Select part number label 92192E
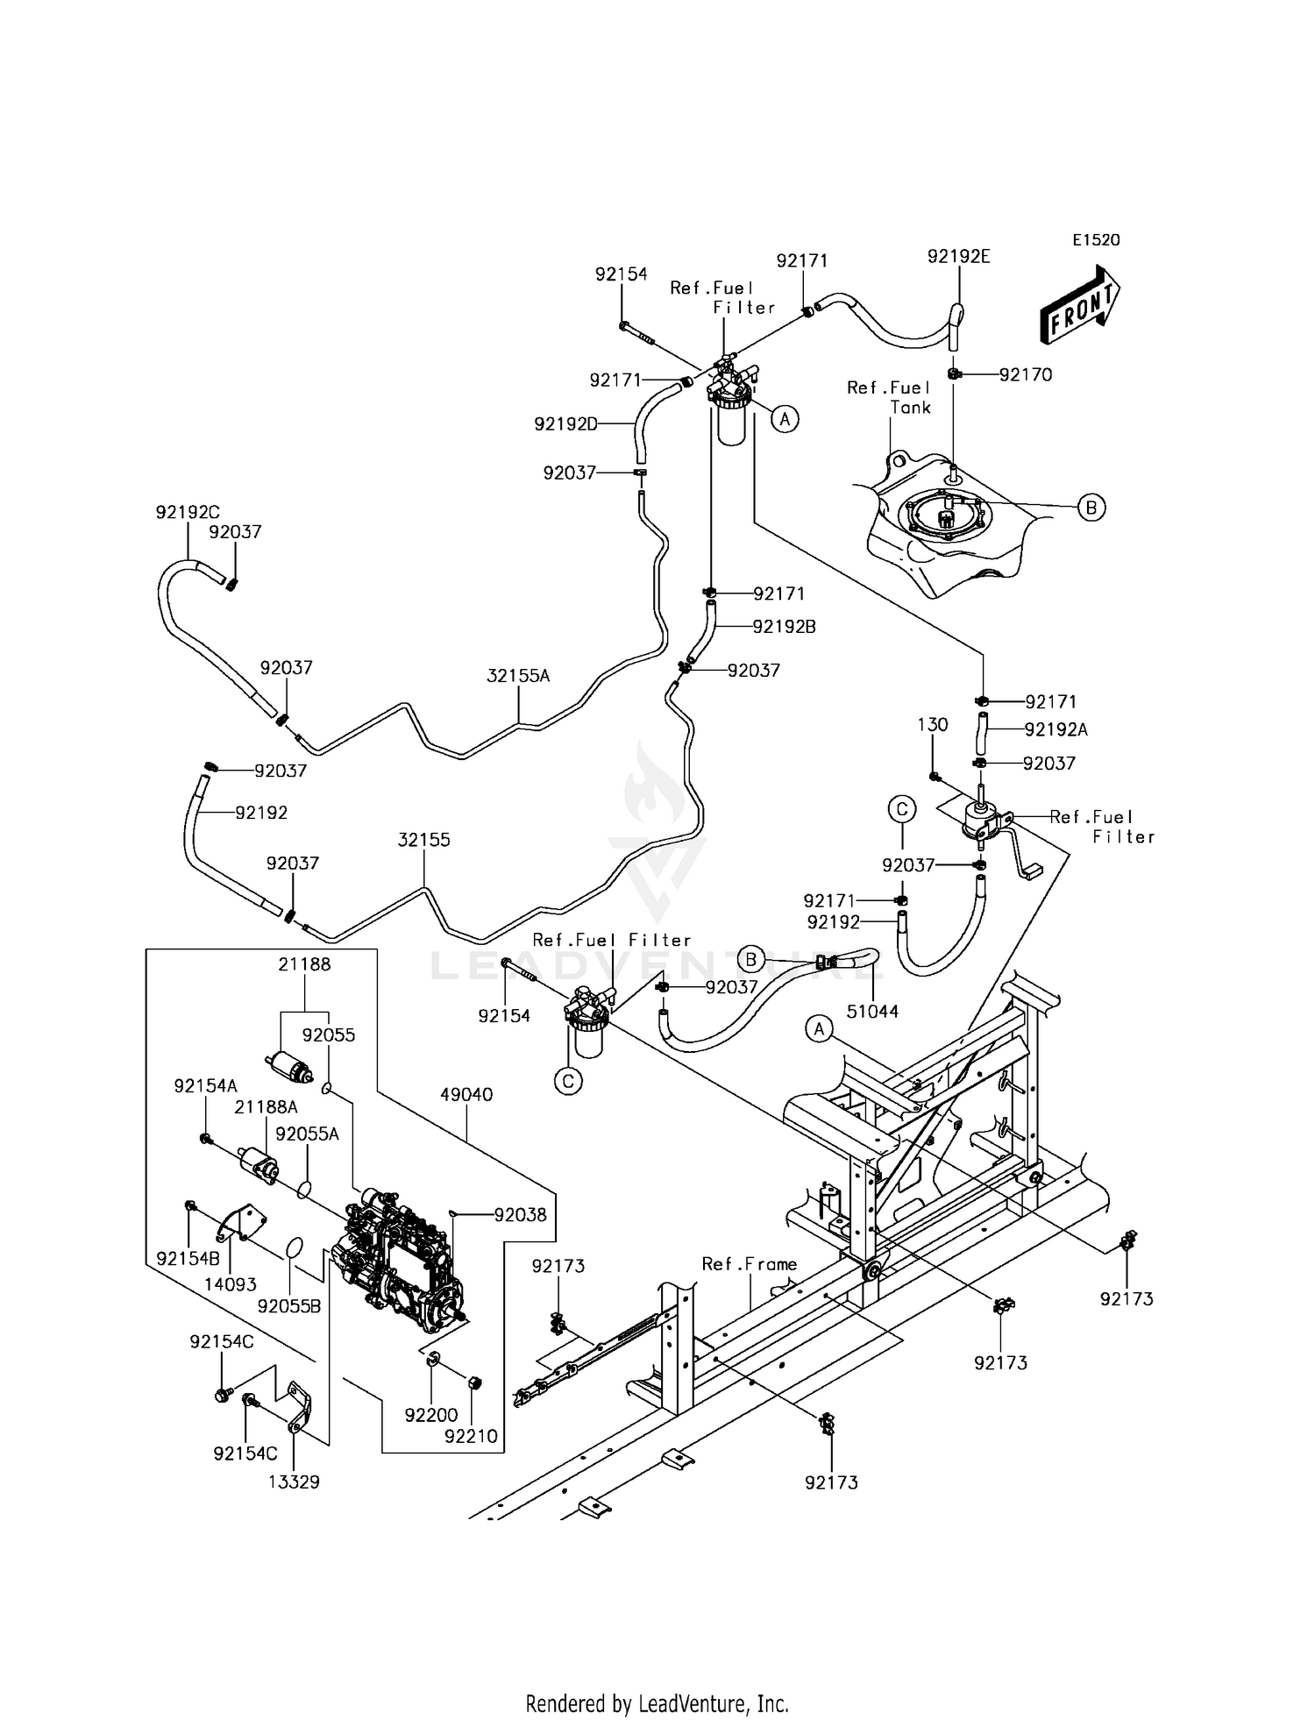pyautogui.click(x=958, y=256)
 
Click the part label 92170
pyautogui.click(x=1026, y=374)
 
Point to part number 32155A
pyautogui.click(x=518, y=675)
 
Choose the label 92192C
pyautogui.click(x=188, y=512)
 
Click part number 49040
pyautogui.click(x=466, y=1094)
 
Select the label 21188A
pyautogui.click(x=266, y=1107)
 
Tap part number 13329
pyautogui.click(x=294, y=1482)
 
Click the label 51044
pyautogui.click(x=872, y=1011)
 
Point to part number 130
pyautogui.click(x=933, y=724)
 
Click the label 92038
pyautogui.click(x=520, y=1214)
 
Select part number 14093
pyautogui.click(x=231, y=1284)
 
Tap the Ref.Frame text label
pyautogui.click(x=750, y=1263)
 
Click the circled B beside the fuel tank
pyautogui.click(x=1091, y=507)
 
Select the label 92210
pyautogui.click(x=471, y=1436)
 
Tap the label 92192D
pyautogui.click(x=565, y=424)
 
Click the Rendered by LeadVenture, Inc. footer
pyautogui.click(x=657, y=1703)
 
